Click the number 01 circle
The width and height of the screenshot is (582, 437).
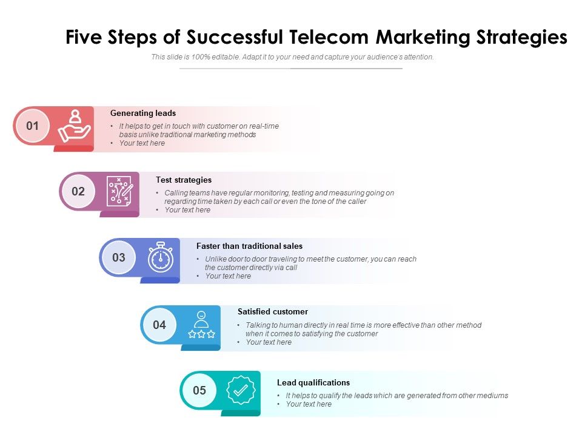(32, 126)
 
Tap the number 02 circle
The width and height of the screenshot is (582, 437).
(78, 192)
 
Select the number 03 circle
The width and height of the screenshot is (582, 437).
(119, 257)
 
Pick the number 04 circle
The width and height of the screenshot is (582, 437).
(159, 325)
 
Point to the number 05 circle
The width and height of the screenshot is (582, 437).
(199, 391)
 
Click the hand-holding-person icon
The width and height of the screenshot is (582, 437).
(74, 126)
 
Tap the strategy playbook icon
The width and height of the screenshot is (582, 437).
(119, 191)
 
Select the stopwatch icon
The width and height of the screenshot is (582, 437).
(161, 258)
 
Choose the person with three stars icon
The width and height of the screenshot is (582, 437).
(201, 325)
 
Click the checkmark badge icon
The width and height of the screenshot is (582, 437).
(241, 390)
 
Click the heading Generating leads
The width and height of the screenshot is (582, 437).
(143, 113)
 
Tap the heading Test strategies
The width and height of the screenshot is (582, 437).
(184, 180)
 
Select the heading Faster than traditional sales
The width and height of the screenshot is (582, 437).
(249, 246)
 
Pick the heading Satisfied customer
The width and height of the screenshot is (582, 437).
(273, 311)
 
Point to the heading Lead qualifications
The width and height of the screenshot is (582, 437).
(313, 382)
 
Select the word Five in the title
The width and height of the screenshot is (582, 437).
(83, 38)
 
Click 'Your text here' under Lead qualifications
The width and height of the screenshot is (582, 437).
(309, 404)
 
